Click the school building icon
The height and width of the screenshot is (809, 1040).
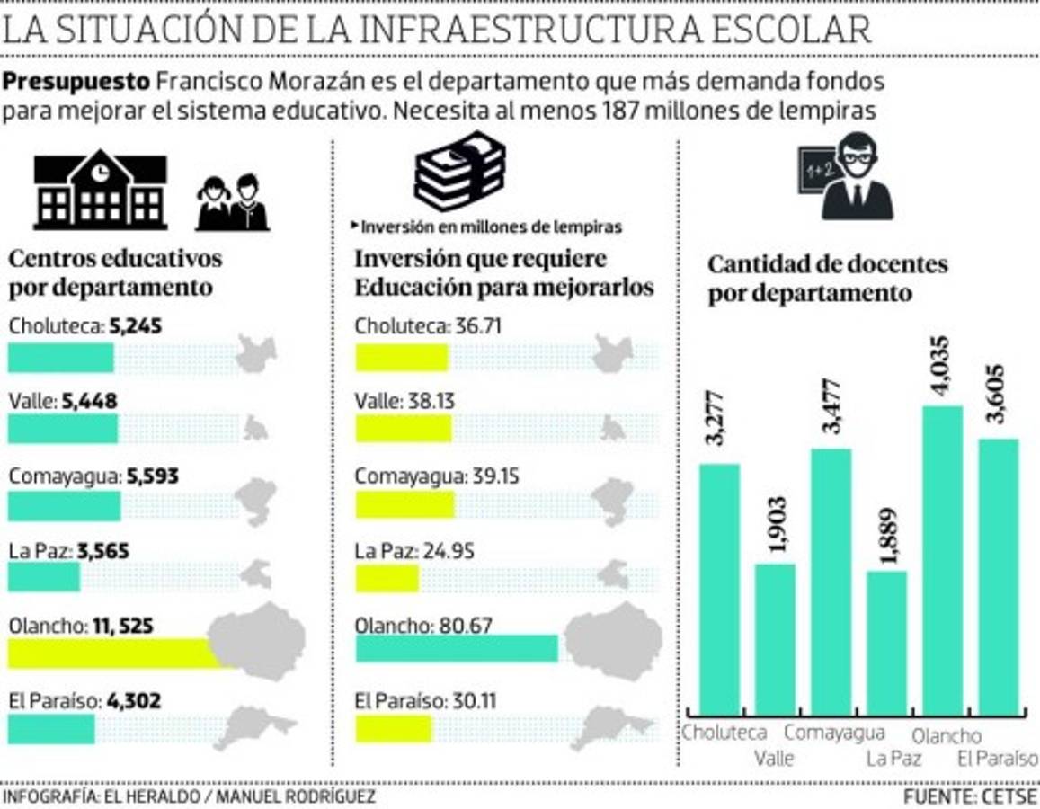[100, 191]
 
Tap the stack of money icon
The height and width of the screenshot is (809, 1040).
[459, 172]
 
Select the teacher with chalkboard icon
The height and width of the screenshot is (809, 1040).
[845, 176]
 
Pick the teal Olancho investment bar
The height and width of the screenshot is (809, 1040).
[457, 648]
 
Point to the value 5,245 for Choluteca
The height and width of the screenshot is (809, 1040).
[135, 327]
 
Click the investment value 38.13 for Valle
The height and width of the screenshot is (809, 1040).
[428, 401]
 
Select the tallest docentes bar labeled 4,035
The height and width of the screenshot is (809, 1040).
[943, 559]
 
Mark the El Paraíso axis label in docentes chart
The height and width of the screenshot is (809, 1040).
[997, 758]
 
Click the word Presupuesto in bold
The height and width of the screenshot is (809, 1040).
[76, 81]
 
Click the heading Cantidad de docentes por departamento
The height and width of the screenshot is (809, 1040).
[827, 279]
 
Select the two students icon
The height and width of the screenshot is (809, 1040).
[232, 203]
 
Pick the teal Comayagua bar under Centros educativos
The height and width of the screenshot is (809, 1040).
[64, 506]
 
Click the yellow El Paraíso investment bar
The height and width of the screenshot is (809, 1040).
[393, 728]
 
